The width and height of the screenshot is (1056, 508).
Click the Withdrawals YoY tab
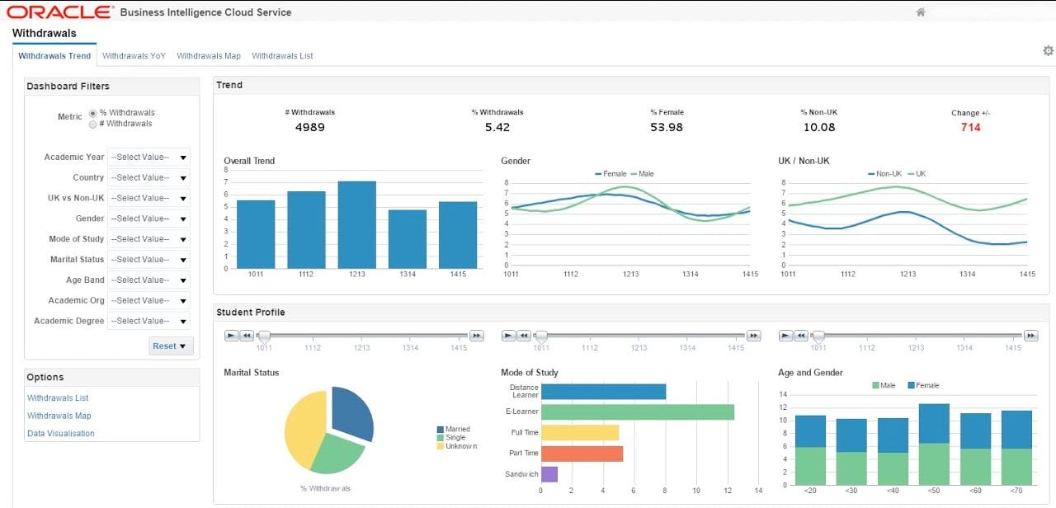pyautogui.click(x=134, y=56)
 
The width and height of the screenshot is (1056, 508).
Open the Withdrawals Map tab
pyautogui.click(x=209, y=56)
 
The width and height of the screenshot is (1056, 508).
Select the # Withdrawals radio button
pyautogui.click(x=93, y=125)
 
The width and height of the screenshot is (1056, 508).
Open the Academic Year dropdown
pyautogui.click(x=148, y=158)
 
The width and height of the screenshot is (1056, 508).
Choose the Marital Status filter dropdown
pyautogui.click(x=148, y=260)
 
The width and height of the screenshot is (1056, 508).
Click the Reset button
pyautogui.click(x=171, y=346)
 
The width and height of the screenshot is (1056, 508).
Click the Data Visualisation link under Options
pyautogui.click(x=61, y=434)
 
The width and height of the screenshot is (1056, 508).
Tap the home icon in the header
pyautogui.click(x=921, y=12)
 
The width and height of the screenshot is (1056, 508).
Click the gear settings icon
pyautogui.click(x=1048, y=51)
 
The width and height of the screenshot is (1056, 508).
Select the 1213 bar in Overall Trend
pyautogui.click(x=356, y=224)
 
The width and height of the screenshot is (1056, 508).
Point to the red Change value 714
pyautogui.click(x=970, y=128)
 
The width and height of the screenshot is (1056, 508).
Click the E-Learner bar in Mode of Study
pyautogui.click(x=637, y=412)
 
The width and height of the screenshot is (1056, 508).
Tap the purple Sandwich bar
pyautogui.click(x=549, y=474)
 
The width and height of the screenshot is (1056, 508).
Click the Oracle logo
pyautogui.click(x=59, y=12)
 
